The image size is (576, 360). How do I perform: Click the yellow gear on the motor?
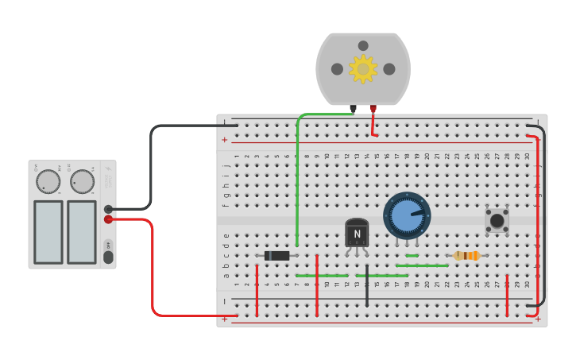(363, 69)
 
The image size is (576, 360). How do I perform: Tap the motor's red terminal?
(373, 108)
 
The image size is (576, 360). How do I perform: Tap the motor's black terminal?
(354, 108)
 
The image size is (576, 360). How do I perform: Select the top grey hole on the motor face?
(363, 46)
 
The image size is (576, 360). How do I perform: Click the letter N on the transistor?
(357, 234)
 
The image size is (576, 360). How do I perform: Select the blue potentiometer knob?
(407, 215)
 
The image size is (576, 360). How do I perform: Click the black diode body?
(277, 256)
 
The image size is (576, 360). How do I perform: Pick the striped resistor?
(466, 256)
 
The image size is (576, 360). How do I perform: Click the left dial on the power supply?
(48, 181)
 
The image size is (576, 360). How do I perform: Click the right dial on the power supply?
(82, 181)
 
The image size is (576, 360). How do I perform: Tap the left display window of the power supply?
(48, 232)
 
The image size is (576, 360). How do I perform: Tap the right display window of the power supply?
(82, 232)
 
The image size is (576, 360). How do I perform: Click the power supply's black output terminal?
(108, 210)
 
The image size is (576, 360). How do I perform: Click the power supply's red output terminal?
(108, 219)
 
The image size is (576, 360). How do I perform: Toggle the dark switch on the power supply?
(108, 257)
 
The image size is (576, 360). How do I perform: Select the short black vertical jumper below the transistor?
(367, 290)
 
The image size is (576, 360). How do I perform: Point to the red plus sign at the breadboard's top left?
(225, 140)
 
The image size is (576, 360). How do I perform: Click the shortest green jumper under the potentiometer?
(412, 256)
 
